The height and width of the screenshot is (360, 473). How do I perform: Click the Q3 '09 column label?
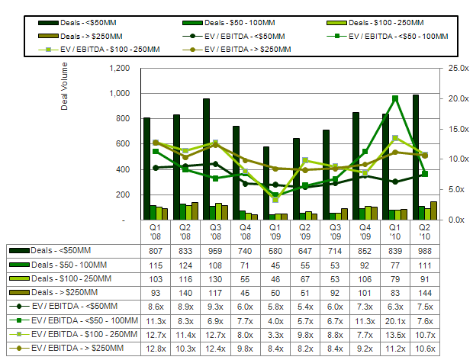coord(333,230)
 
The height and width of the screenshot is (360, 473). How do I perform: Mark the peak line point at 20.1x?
coord(395,98)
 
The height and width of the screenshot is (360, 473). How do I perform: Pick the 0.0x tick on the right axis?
coord(457,220)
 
